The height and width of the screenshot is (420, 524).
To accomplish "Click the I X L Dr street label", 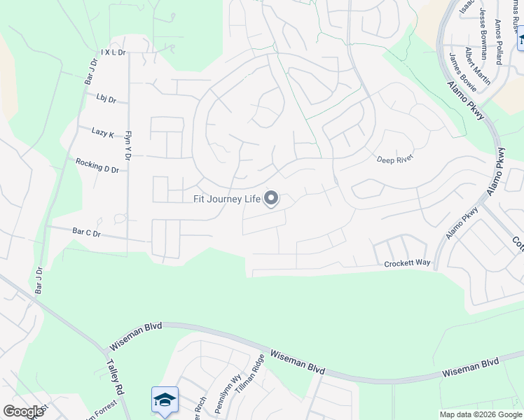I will click(112, 52).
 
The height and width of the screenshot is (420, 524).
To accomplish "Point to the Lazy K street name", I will click(102, 131).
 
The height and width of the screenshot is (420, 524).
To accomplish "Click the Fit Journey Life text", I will click(227, 199).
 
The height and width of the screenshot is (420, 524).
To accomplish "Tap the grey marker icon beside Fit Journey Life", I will click(271, 199).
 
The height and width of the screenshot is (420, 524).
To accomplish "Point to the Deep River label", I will click(395, 159).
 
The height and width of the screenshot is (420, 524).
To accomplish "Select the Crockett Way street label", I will click(407, 264).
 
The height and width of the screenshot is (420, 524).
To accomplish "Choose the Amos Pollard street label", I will click(499, 41).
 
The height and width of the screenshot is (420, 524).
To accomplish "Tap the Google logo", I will click(23, 412).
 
